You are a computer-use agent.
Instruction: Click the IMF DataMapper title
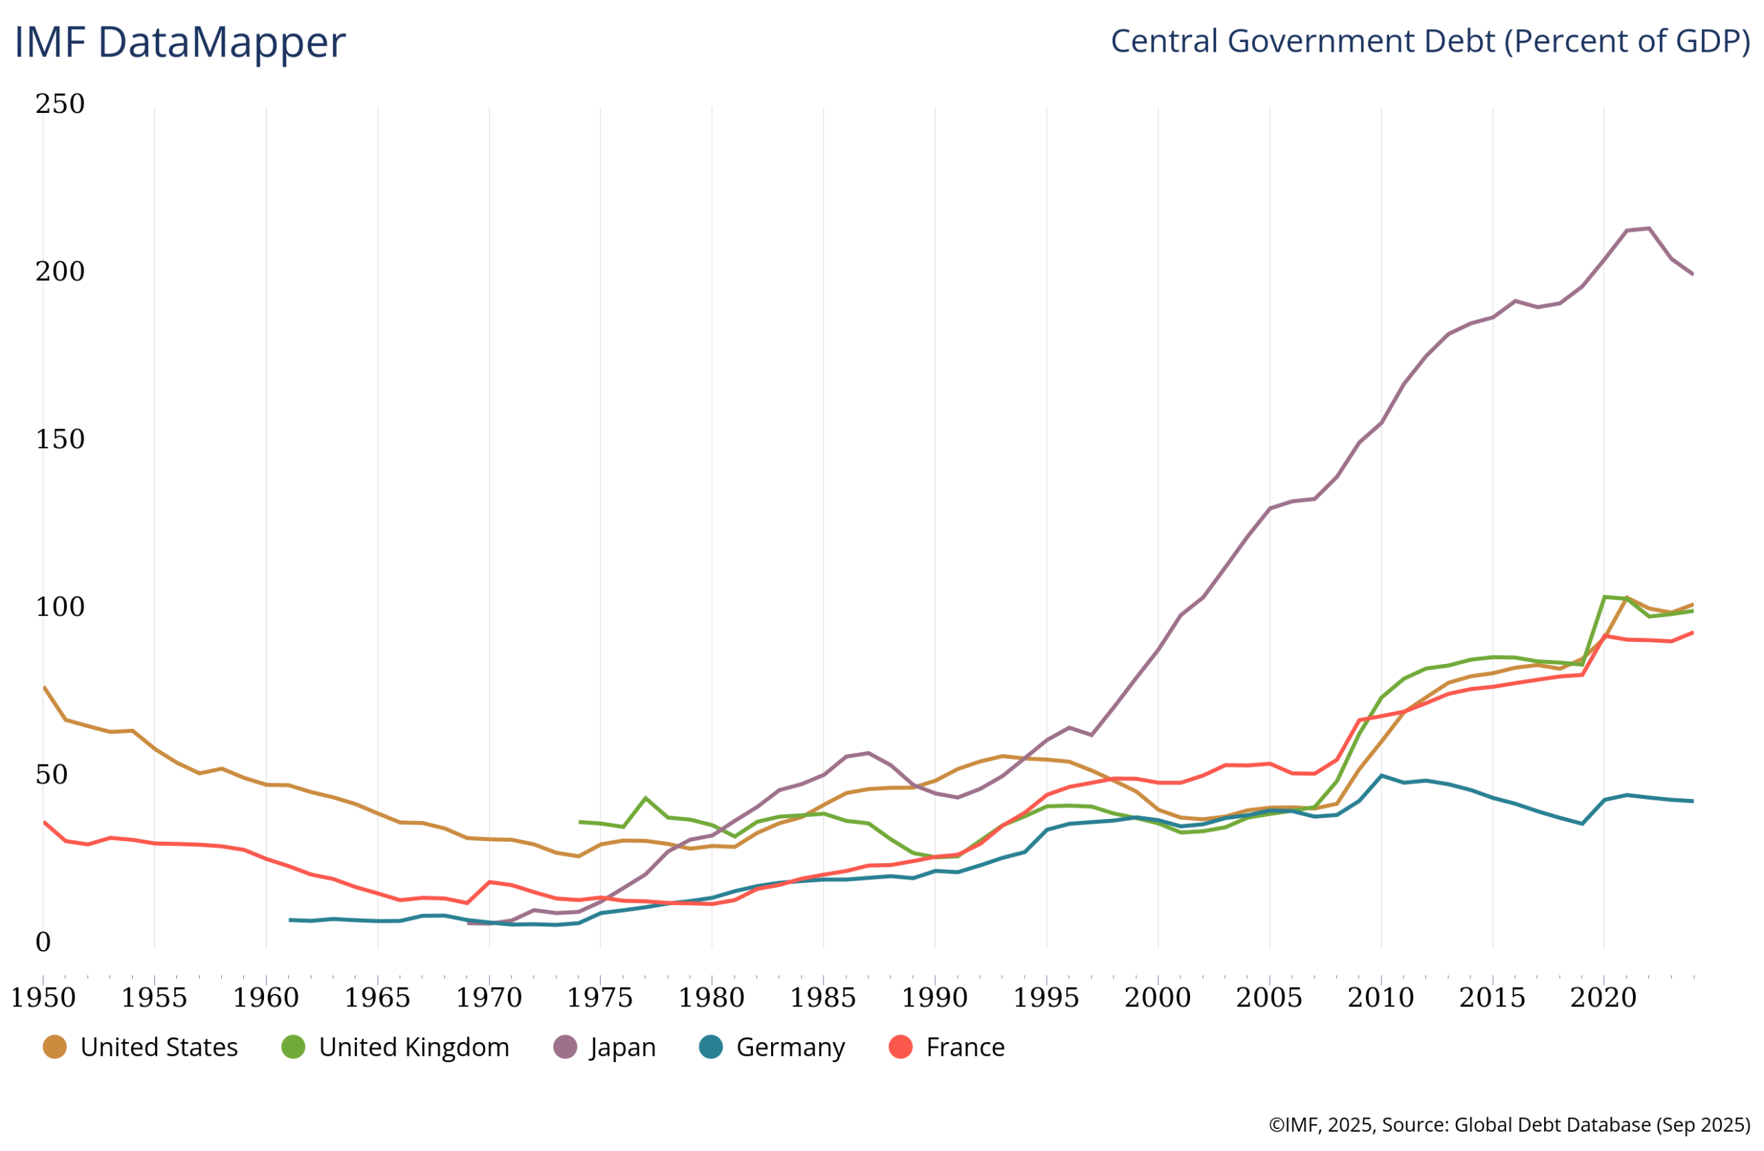[x=180, y=42]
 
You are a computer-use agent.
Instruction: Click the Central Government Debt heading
[x=1430, y=41]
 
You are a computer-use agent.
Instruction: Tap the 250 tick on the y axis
[x=60, y=104]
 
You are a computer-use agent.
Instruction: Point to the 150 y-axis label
[x=60, y=439]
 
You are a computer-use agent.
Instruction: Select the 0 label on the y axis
[x=43, y=942]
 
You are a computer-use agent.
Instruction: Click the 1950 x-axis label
[x=43, y=997]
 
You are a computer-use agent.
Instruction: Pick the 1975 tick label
[x=599, y=997]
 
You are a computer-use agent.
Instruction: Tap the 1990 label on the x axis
[x=934, y=997]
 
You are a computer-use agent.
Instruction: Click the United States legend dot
[x=55, y=1047]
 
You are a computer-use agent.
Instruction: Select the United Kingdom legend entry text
[x=413, y=1047]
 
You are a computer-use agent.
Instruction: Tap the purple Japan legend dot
[x=566, y=1047]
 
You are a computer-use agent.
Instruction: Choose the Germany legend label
[x=790, y=1047]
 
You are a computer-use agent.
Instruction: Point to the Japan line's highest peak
[x=1648, y=228]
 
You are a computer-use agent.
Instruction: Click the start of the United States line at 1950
[x=45, y=687]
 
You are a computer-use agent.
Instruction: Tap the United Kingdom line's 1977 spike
[x=645, y=798]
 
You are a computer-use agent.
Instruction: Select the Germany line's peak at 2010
[x=1380, y=776]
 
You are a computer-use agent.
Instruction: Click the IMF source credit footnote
[x=1509, y=1125]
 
